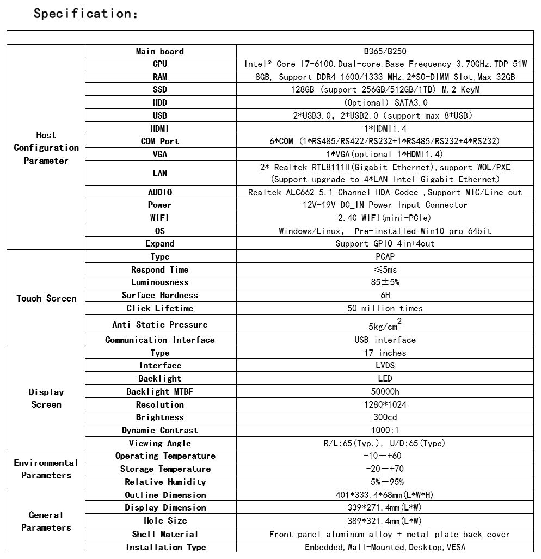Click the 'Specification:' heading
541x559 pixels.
pyautogui.click(x=85, y=13)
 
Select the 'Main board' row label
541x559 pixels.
pyautogui.click(x=160, y=51)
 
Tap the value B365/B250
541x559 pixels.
pyautogui.click(x=385, y=51)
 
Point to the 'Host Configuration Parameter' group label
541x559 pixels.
pyautogui.click(x=46, y=148)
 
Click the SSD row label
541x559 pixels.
pyautogui.click(x=160, y=90)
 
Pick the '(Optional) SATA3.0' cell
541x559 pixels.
pyautogui.click(x=385, y=102)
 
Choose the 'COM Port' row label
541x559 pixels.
pyautogui.click(x=160, y=141)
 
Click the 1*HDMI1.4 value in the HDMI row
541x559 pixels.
pyautogui.click(x=385, y=128)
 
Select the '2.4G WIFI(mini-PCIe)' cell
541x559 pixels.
pyautogui.click(x=385, y=218)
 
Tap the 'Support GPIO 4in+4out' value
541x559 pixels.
pyautogui.click(x=385, y=243)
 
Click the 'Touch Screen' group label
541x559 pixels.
pyautogui.click(x=46, y=298)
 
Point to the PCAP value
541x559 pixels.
pyautogui.click(x=385, y=256)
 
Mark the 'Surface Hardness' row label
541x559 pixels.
pyautogui.click(x=160, y=295)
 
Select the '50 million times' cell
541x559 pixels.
pyautogui.click(x=385, y=308)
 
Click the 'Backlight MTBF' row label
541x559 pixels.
pyautogui.click(x=160, y=391)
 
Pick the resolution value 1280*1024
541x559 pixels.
pyautogui.click(x=385, y=404)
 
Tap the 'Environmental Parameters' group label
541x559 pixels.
pyautogui.click(x=46, y=469)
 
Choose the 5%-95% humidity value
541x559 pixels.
pyautogui.click(x=385, y=482)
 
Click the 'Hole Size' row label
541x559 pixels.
pyautogui.click(x=160, y=521)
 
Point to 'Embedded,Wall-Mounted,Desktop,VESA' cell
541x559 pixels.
pyautogui.click(x=385, y=547)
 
